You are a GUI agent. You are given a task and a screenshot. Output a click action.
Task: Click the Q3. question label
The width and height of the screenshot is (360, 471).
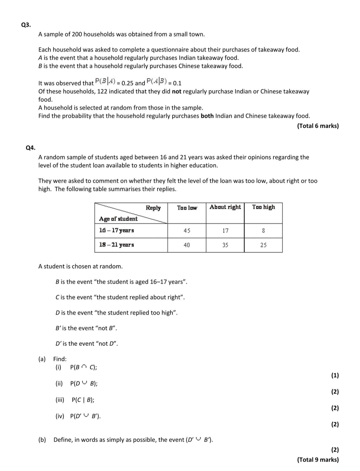click(26, 25)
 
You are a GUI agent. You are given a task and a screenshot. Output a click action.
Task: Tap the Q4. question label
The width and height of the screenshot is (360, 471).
click(30, 148)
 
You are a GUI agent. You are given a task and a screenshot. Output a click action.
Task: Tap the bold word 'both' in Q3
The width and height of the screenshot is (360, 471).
click(207, 116)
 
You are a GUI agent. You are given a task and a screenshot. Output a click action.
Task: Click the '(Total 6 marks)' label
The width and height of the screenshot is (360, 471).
click(318, 126)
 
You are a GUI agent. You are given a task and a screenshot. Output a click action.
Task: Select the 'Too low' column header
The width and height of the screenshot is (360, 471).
click(187, 208)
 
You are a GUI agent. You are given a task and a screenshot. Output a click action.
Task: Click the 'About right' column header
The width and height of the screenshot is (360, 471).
click(225, 207)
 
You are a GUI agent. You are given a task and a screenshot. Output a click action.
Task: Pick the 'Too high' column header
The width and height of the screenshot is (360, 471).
click(263, 207)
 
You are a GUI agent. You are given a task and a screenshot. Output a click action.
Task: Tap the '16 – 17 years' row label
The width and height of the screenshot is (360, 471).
click(117, 230)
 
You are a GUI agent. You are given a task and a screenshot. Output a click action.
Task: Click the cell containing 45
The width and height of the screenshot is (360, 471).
click(187, 231)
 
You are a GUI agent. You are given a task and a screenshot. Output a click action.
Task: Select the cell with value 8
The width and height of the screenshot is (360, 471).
click(263, 231)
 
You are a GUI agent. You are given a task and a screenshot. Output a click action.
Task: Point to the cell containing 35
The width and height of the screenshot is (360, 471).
click(225, 245)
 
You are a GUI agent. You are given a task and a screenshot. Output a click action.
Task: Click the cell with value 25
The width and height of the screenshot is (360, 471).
click(263, 245)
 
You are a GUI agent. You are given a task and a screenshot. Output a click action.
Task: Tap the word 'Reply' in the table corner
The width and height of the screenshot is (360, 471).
click(153, 208)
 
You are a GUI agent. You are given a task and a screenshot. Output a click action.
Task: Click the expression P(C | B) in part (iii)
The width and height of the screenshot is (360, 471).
click(82, 400)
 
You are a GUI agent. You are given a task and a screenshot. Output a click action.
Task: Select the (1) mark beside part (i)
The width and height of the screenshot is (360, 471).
click(335, 375)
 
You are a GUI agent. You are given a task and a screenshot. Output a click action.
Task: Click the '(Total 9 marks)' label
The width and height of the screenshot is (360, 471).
click(318, 460)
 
